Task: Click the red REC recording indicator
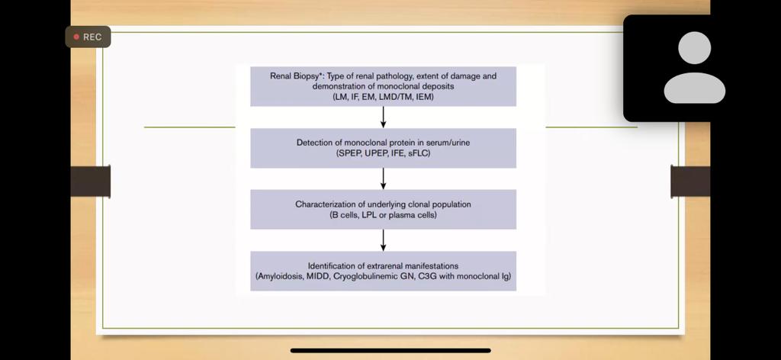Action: [88, 37]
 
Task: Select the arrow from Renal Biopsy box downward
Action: [383, 117]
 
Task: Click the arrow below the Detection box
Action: [383, 178]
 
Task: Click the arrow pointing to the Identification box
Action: [383, 240]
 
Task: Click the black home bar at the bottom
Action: [390, 351]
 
